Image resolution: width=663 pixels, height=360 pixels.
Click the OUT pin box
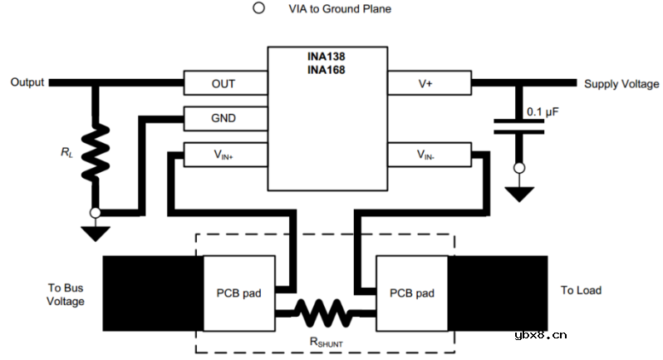click(223, 83)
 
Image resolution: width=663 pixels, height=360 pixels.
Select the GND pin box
click(223, 118)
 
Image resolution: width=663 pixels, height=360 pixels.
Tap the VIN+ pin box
click(223, 154)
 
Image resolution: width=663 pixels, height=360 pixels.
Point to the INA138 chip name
click(327, 57)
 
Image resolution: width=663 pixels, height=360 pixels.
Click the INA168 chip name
click(327, 70)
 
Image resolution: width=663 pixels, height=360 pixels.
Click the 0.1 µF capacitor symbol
click(518, 126)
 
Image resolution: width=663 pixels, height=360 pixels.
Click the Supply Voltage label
click(621, 84)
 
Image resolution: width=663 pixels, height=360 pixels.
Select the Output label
click(27, 82)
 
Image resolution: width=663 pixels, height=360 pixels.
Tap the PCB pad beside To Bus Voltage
click(239, 293)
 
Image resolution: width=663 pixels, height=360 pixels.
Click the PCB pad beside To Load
click(412, 293)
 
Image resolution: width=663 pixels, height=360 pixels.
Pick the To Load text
click(581, 290)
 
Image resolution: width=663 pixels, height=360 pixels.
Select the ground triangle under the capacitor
click(518, 194)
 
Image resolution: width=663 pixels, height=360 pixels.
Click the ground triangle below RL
click(96, 233)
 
